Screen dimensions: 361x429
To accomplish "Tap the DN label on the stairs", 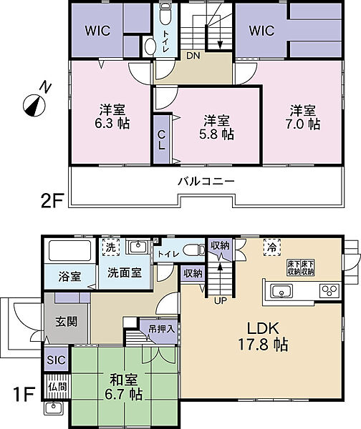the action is tap(193, 56).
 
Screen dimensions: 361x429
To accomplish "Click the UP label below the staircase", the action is tap(221, 301).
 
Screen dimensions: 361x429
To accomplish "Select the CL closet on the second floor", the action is tap(162, 139).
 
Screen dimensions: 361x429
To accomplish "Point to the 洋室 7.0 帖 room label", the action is tap(303, 117).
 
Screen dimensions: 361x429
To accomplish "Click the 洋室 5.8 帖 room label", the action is tap(216, 127).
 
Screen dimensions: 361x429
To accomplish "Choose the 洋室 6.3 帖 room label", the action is tap(112, 117).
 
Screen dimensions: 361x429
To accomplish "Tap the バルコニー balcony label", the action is tap(206, 181).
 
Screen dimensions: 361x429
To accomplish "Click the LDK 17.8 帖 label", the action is tap(263, 337).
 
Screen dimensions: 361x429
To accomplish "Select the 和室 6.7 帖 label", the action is tap(124, 387).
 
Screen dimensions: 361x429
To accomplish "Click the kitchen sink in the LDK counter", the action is tap(281, 290).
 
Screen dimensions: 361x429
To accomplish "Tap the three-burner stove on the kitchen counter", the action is tap(329, 291).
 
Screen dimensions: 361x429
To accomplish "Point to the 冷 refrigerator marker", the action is tap(272, 247).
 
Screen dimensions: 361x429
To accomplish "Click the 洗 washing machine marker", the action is tap(111, 247).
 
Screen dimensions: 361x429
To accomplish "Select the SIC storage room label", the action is tap(56, 360).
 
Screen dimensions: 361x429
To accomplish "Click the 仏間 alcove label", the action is tap(57, 387).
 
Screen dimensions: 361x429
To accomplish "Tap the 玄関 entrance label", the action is tap(67, 322).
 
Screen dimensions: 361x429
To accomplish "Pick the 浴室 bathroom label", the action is tap(69, 276).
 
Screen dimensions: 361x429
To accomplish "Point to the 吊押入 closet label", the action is tap(162, 329).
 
